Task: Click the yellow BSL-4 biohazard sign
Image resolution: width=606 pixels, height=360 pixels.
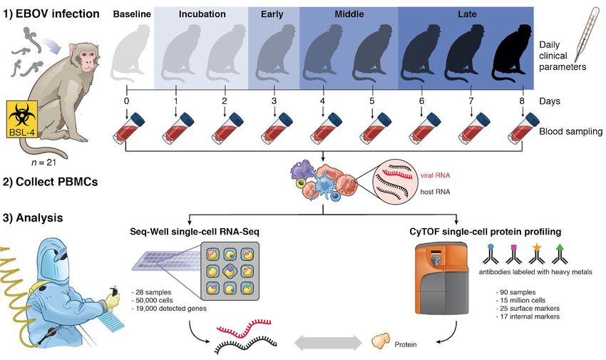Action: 22,119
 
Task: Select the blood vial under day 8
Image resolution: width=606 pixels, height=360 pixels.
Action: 524,128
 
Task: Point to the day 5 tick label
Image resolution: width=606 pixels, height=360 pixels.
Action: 371,101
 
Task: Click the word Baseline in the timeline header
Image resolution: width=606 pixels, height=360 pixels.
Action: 132,14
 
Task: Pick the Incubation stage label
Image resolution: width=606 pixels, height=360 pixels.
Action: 202,14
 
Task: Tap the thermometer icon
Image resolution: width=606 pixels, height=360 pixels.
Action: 587,34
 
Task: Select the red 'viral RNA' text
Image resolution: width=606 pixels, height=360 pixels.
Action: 435,175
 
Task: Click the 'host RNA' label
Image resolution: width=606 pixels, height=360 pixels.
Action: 435,192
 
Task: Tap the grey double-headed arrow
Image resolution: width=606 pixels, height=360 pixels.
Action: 328,342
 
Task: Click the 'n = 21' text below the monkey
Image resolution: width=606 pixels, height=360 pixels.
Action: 43,163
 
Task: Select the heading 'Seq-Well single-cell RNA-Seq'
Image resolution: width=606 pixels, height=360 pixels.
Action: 195,232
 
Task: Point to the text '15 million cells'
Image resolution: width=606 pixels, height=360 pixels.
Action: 523,300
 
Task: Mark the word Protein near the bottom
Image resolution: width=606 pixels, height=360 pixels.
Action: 406,344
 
